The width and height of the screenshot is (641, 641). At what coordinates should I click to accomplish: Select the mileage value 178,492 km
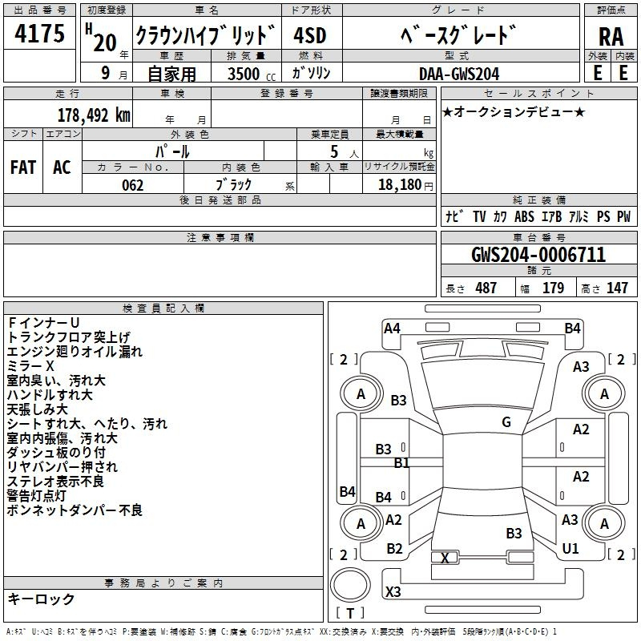pos(94,115)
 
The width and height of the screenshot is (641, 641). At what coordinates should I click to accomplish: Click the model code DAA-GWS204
pos(459,74)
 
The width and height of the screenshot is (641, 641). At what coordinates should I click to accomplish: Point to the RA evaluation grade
pos(611,37)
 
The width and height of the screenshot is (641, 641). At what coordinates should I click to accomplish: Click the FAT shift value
pos(23,167)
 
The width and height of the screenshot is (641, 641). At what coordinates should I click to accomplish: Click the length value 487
pos(486,288)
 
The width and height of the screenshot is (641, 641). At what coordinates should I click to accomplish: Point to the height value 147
pos(616,288)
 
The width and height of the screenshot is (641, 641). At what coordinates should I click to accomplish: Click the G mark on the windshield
pos(506,422)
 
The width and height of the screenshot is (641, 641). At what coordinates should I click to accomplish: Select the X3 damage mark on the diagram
pos(393,592)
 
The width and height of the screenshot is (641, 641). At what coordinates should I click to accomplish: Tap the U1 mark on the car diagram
pos(570,549)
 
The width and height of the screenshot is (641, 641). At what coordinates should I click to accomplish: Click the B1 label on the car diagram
pos(401,463)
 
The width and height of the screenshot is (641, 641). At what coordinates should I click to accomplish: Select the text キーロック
pos(41,599)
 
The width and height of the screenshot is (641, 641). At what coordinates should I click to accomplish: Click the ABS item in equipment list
pos(524,216)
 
